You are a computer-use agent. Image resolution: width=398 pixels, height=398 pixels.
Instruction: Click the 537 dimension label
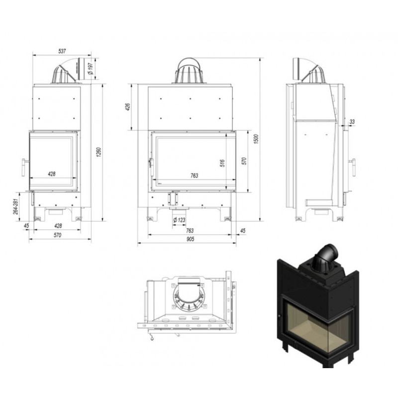62,51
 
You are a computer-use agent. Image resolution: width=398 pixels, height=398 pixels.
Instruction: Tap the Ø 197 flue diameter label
91,69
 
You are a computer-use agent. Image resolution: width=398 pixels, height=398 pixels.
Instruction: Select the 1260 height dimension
99,152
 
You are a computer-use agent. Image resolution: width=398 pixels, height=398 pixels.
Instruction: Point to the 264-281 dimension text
16,206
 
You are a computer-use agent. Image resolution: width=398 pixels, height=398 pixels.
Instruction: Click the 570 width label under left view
58,235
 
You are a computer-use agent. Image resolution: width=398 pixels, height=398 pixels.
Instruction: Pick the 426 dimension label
128,107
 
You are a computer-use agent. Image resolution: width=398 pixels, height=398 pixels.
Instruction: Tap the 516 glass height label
222,163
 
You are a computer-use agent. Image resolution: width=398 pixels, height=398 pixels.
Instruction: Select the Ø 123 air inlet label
180,220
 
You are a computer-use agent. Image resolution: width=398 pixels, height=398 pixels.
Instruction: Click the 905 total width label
190,239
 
